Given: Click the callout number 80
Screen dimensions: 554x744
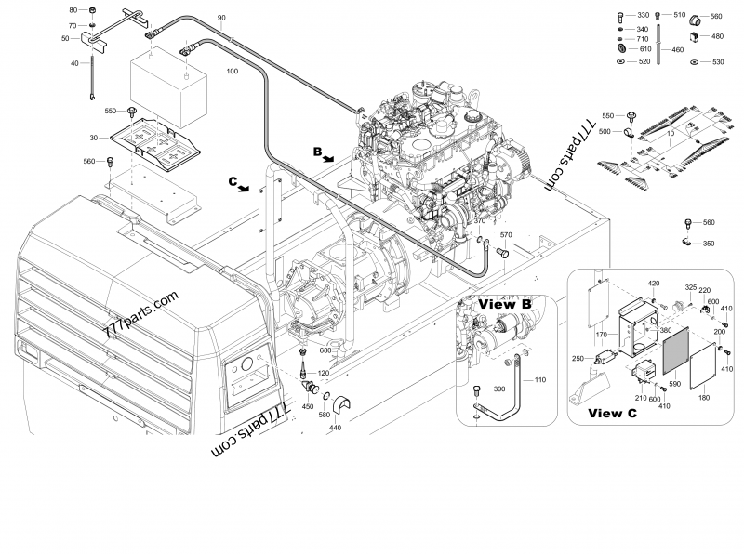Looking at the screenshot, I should tap(74, 9).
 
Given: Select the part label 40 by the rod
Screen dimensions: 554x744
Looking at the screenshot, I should tap(75, 63).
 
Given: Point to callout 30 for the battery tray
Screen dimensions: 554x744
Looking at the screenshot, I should tap(93, 138).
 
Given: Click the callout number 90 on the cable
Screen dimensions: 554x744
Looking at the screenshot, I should tap(221, 19).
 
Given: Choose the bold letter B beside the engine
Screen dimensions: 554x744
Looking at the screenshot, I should tap(318, 151).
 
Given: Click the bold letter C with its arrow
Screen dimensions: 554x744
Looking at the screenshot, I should tap(233, 183).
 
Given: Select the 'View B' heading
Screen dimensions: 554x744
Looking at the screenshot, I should tap(504, 304).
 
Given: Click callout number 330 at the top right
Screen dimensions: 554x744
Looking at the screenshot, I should tap(643, 16).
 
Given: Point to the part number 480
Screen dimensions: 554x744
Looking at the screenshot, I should tap(717, 37).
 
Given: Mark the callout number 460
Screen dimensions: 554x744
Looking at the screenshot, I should tap(677, 49).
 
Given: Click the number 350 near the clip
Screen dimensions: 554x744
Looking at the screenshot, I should tap(709, 244).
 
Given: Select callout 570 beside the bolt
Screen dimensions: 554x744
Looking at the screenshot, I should tap(505, 235).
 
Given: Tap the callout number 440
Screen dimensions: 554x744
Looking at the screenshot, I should tap(335, 427).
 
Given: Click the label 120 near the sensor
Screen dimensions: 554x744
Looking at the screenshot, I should tap(324, 373).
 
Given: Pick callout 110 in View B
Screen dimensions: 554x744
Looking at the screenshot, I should tap(541, 379).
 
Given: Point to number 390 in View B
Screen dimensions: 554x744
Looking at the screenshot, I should tap(498, 389).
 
